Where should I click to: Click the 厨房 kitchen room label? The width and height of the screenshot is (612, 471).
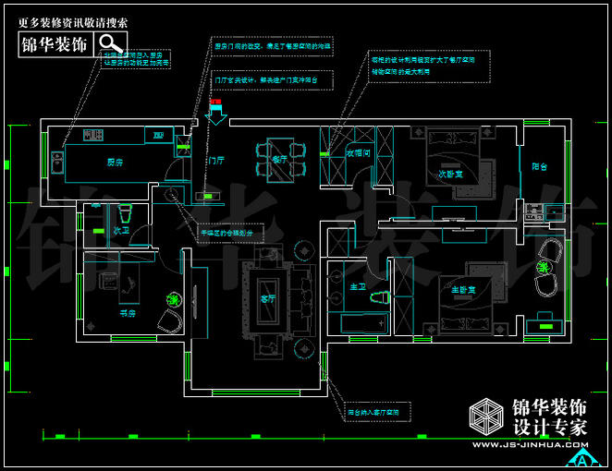pos(115,163)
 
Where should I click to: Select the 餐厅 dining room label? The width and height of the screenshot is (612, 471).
pos(279,159)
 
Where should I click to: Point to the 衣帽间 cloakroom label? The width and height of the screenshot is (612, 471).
pos(357,153)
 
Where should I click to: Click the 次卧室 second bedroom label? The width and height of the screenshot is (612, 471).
pos(449,173)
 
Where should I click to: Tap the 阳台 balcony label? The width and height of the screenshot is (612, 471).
pos(540,167)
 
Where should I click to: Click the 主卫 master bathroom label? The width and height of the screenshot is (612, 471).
pos(356,286)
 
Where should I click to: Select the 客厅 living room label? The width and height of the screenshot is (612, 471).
pos(268,299)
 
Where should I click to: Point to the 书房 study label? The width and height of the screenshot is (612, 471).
pos(128,313)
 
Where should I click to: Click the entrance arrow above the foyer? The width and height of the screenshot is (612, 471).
pos(218,113)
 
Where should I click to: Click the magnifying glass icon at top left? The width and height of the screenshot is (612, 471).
pos(111,43)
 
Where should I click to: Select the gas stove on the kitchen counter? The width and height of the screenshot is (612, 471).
pos(92,137)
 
